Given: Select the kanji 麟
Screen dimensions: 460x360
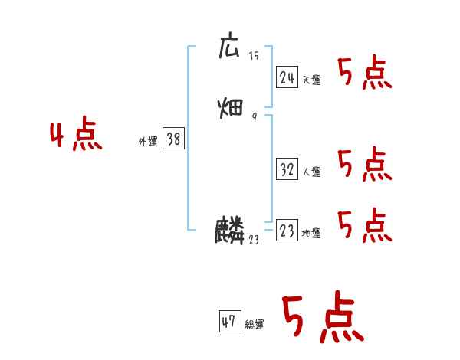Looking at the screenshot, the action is (230, 231).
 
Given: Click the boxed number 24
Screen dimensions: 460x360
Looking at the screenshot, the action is (287, 77).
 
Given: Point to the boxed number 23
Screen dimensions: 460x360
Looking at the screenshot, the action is (287, 231).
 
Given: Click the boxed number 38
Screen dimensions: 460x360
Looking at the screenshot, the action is (173, 139).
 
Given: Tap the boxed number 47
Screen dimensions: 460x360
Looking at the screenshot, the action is (229, 322).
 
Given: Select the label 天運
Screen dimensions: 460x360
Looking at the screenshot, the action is (311, 80).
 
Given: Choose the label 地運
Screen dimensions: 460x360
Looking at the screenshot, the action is (311, 233).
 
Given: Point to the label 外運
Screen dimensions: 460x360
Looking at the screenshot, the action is (148, 142).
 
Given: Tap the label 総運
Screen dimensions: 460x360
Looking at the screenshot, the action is (255, 325).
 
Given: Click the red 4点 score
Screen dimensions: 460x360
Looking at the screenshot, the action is (76, 136).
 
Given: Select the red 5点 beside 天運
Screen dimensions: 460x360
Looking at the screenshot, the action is (365, 74).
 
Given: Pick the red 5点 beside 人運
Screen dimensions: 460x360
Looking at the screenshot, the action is (365, 165).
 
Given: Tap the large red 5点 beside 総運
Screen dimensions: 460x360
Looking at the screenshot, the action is (322, 318).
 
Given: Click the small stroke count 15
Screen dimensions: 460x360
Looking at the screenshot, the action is (254, 55).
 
